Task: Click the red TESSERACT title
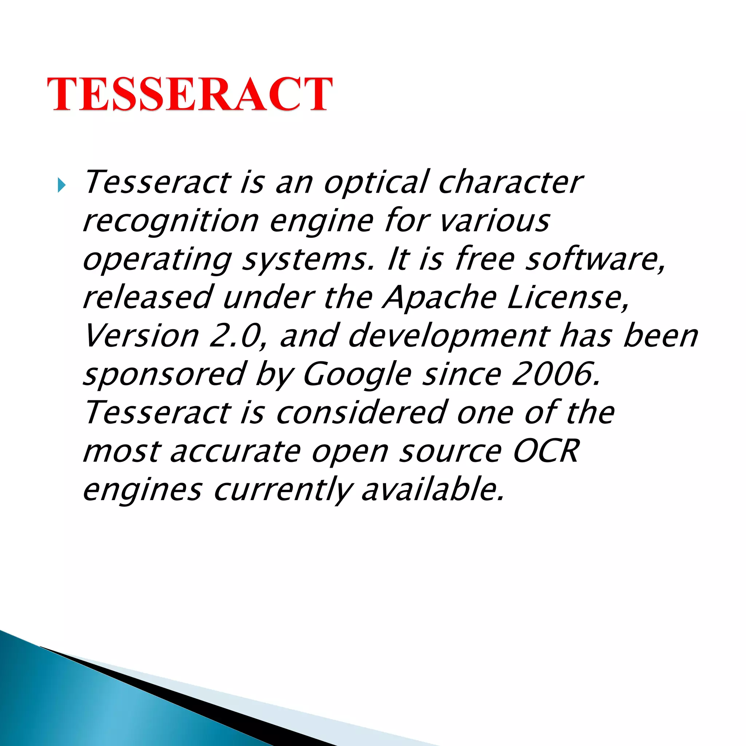click(189, 94)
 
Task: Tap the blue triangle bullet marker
click(62, 185)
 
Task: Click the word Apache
click(439, 298)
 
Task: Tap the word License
click(568, 298)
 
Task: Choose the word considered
click(362, 412)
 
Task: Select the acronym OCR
click(546, 451)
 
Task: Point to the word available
click(432, 489)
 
